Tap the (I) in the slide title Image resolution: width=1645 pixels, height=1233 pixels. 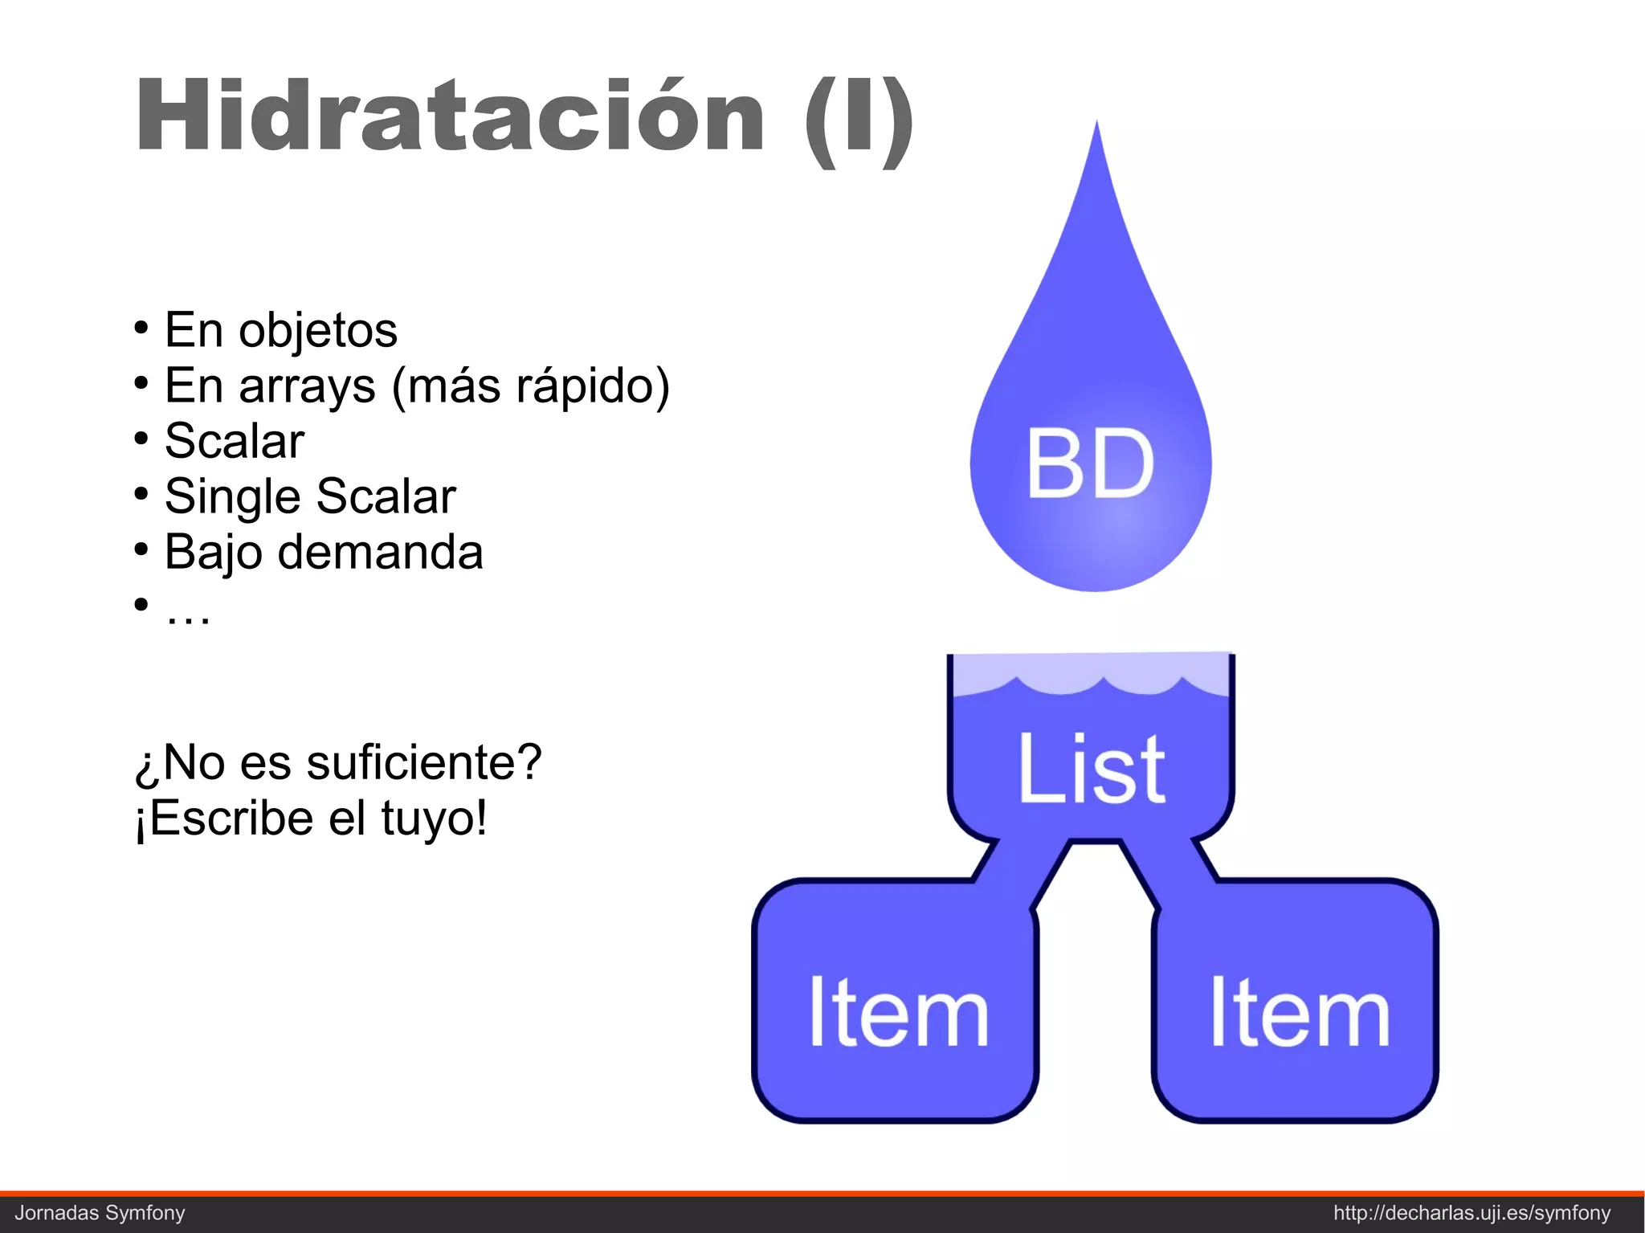click(x=859, y=120)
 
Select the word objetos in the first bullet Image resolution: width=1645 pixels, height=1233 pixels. click(x=317, y=331)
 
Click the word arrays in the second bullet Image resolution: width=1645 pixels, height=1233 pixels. click(x=307, y=387)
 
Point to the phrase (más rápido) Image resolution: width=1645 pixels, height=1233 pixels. click(x=530, y=387)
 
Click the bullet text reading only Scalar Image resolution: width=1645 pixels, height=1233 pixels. click(x=235, y=441)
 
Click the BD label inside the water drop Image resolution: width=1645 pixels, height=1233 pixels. click(x=1090, y=463)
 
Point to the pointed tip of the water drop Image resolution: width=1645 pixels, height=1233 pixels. click(x=1096, y=129)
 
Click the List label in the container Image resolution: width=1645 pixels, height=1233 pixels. click(x=1091, y=769)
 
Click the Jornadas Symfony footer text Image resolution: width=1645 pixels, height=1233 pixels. click(x=100, y=1213)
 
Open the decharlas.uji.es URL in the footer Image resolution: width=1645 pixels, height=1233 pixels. click(x=1472, y=1213)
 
